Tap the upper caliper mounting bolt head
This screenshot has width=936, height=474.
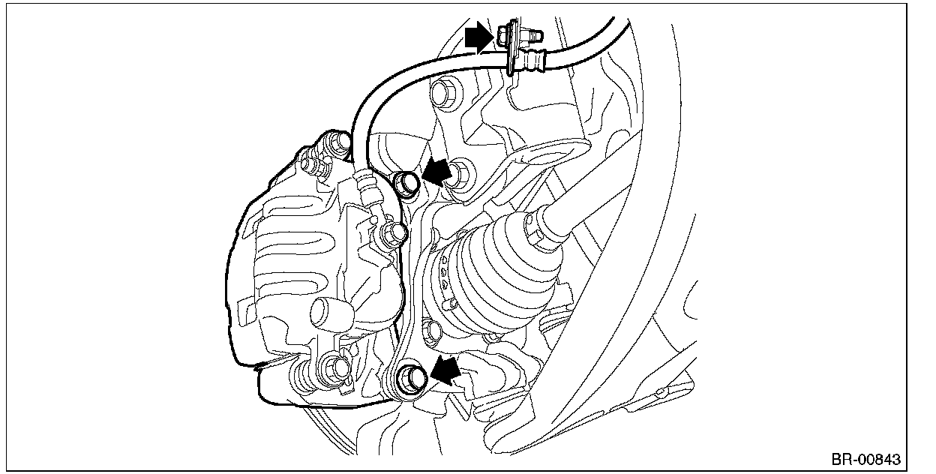click(x=406, y=181)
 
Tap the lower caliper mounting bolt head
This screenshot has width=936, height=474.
click(x=409, y=376)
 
